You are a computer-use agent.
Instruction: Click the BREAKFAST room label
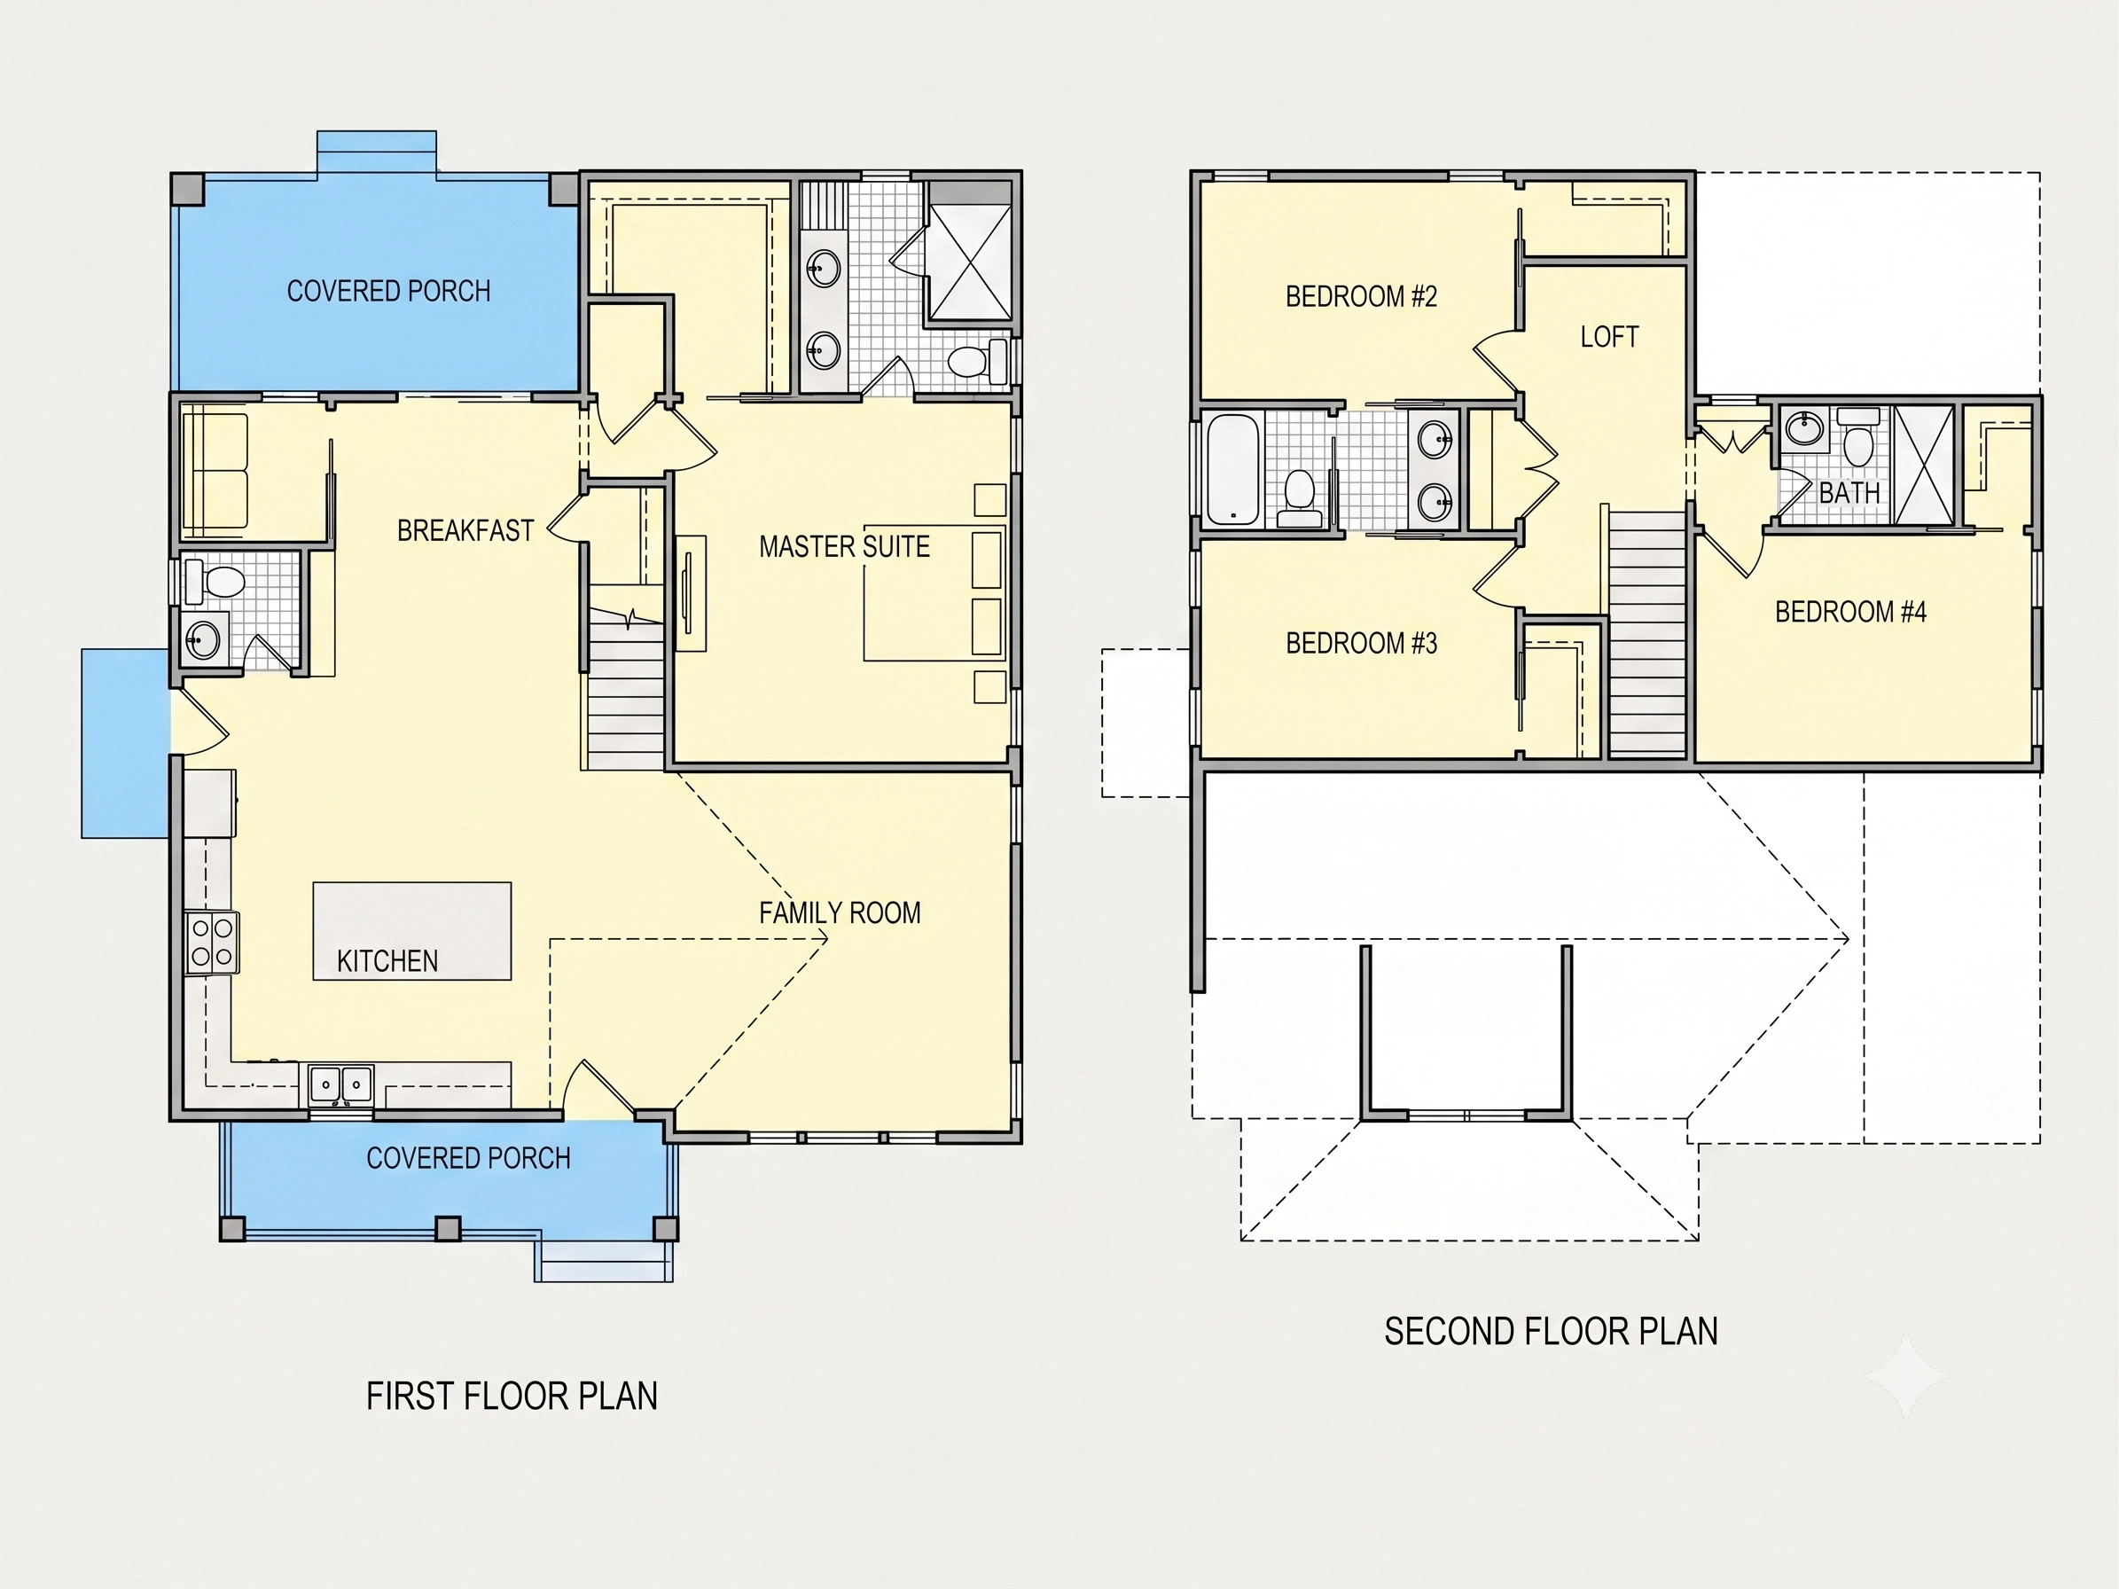[x=465, y=530]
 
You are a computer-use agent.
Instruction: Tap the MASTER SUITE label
[x=844, y=547]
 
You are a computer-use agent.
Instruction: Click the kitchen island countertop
[x=412, y=931]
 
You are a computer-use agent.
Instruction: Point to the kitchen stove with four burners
[x=213, y=943]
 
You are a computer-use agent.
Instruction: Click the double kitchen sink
[x=341, y=1085]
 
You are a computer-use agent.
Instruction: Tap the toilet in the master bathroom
[x=978, y=360]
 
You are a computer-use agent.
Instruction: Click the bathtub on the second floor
[x=1232, y=468]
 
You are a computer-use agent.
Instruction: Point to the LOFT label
[x=1609, y=337]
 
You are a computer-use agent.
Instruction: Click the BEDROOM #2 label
[x=1361, y=297]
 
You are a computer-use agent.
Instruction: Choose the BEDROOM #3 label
[x=1361, y=644]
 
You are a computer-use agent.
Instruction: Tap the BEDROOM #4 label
[x=1850, y=612]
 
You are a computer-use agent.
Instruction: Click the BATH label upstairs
[x=1849, y=493]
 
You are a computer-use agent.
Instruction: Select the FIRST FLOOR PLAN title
[x=512, y=1397]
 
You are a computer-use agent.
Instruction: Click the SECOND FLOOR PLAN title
[x=1551, y=1331]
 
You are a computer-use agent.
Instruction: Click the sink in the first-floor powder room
[x=203, y=638]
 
